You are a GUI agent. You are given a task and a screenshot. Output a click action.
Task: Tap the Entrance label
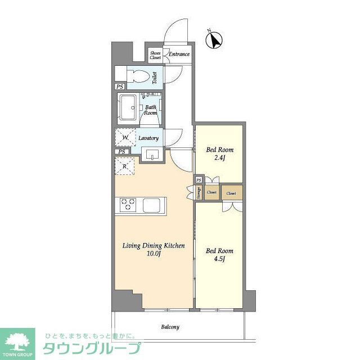coord(179,55)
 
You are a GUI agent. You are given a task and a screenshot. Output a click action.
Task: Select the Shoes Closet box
coord(155,55)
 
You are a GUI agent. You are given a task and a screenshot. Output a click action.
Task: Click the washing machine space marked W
coord(125,138)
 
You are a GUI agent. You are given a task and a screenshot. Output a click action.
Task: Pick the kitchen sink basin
coord(152,205)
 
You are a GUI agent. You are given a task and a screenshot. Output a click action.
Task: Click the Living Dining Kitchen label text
coord(154,246)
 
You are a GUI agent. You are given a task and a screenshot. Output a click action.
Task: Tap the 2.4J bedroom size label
coord(219,159)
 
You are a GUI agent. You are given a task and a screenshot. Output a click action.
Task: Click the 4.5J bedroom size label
coord(219,259)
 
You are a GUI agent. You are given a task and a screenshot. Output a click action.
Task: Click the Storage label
coord(199,192)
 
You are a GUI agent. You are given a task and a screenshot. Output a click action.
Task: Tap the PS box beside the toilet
coord(120,87)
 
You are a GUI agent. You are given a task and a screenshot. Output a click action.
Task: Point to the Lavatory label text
coord(148,138)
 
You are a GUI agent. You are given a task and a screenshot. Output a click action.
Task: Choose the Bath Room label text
coord(150,110)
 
